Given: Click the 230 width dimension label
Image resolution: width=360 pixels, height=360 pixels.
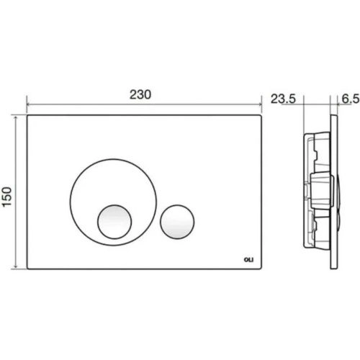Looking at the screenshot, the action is pos(140,94).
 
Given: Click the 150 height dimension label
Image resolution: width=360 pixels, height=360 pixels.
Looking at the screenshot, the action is pos(7,197).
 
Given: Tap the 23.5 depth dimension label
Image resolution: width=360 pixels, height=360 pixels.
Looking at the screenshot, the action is pos(283,99).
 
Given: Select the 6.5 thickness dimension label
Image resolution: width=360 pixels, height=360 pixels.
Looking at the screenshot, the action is pos(351,99).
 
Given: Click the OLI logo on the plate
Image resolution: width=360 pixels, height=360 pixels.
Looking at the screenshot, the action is pos(248,260).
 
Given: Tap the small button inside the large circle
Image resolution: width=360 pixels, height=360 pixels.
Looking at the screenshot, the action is pos(114,222).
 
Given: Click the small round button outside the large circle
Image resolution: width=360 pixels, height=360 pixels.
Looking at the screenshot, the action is pos(177,222).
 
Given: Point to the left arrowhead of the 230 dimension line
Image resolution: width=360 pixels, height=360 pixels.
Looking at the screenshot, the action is pos(28,104).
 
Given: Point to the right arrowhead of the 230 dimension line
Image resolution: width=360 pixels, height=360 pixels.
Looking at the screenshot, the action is pos(260,104).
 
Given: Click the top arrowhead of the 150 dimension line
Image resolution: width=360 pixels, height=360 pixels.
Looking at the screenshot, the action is pos(16,117).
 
